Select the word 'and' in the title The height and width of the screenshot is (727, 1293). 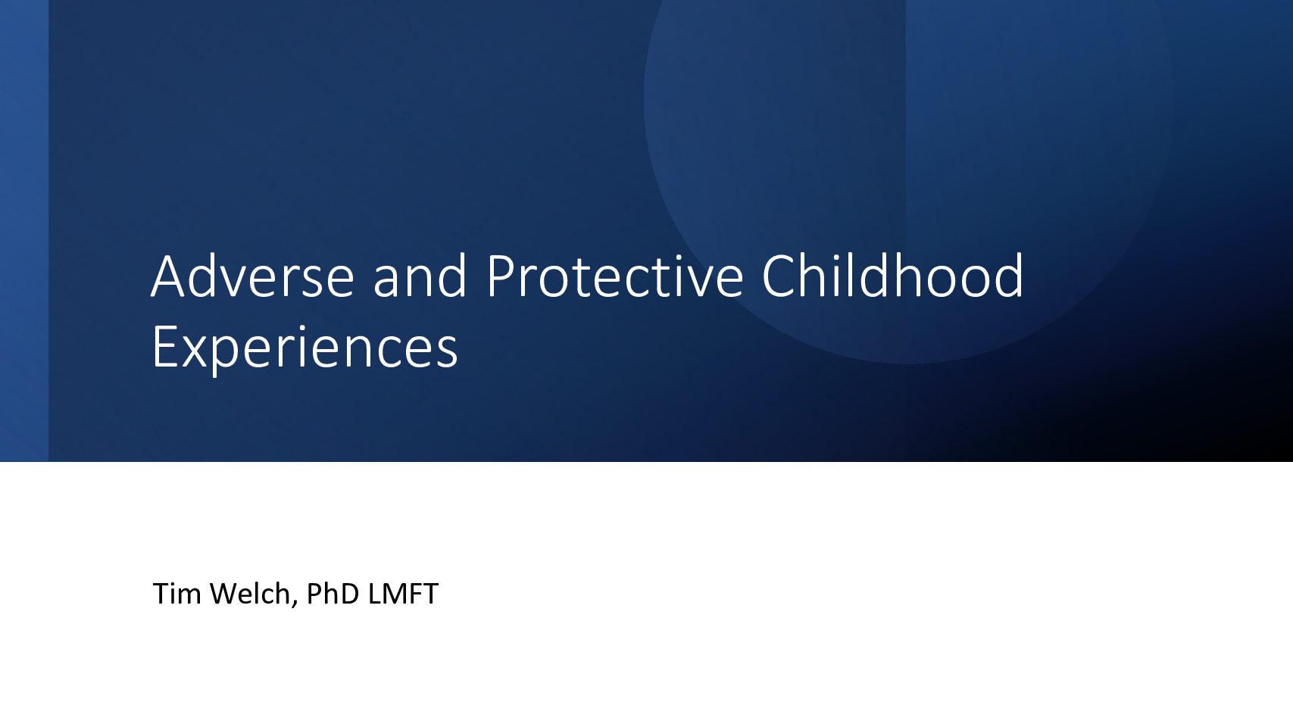pos(420,276)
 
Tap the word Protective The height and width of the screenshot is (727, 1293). pos(615,276)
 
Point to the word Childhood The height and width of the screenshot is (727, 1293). pos(893,276)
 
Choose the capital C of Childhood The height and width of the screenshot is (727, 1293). pos(779,276)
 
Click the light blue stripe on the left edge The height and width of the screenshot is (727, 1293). pos(24,231)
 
